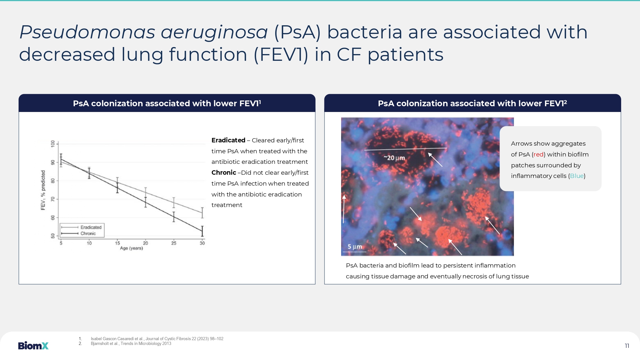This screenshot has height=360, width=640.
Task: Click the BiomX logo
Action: [x=33, y=346]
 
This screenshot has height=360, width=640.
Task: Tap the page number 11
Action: [x=627, y=346]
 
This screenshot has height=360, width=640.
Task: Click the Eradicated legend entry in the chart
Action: [x=81, y=227]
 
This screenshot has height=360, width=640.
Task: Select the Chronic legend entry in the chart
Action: [x=78, y=234]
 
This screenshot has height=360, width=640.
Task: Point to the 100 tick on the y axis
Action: [x=53, y=144]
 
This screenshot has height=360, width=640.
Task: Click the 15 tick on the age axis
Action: [x=117, y=243]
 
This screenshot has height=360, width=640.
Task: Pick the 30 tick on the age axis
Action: [x=202, y=243]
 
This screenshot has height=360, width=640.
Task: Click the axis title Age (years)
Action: [x=132, y=248]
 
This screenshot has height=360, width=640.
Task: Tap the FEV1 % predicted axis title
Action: [x=43, y=190]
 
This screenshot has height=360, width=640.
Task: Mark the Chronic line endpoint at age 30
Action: [x=202, y=231]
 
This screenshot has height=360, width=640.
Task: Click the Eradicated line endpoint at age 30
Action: [x=202, y=213]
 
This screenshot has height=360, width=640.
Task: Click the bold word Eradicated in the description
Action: [x=228, y=140]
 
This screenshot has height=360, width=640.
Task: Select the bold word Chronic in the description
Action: [x=224, y=172]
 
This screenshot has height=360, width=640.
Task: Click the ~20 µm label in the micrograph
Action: [x=394, y=158]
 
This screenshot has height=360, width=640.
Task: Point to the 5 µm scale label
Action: [x=355, y=247]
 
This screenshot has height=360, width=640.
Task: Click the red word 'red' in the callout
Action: [x=539, y=155]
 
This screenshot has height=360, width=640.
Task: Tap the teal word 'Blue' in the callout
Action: [x=577, y=176]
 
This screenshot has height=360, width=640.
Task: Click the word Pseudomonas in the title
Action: [x=87, y=32]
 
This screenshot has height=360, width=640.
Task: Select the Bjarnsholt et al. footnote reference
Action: [x=131, y=344]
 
